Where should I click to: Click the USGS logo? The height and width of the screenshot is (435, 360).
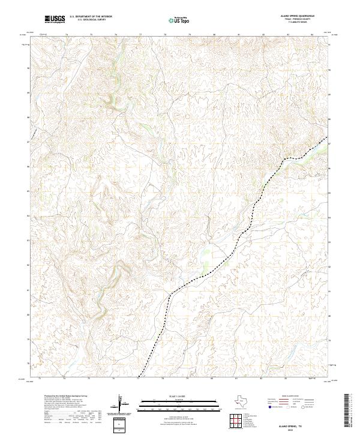55,19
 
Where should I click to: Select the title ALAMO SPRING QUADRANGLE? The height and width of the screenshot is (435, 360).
296,16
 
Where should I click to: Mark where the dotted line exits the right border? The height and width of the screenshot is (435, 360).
329,138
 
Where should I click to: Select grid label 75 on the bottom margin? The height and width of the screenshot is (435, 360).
89,379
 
